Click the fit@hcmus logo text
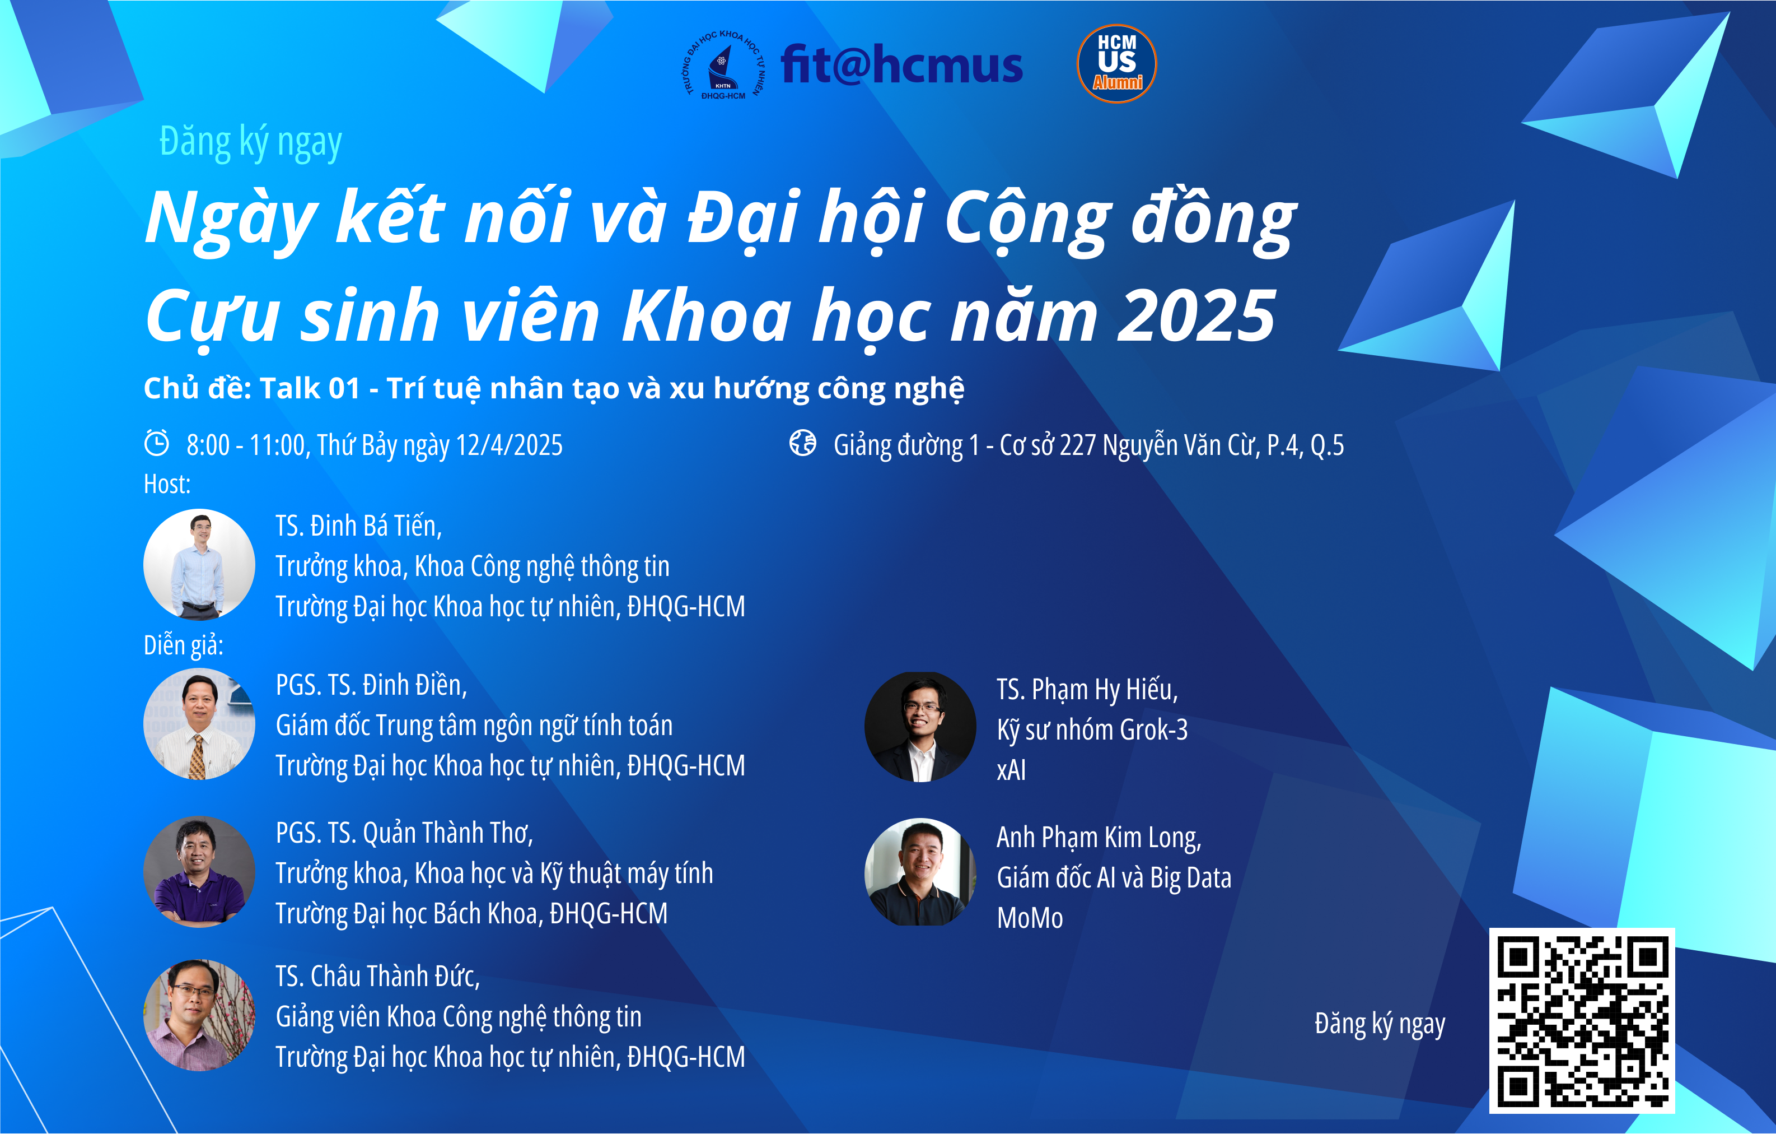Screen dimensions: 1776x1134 901,64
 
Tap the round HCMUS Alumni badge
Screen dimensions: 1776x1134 1116,63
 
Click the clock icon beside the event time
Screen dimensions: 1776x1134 156,443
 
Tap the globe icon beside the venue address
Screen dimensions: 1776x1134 802,443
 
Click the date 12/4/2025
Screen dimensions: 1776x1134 509,445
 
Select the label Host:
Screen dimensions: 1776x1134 167,484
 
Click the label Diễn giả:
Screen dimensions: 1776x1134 184,645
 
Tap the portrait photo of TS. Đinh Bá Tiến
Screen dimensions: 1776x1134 199,564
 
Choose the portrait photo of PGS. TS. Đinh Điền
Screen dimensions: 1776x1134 199,724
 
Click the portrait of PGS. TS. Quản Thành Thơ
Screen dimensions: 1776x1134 199,871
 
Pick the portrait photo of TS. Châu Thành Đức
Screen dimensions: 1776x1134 199,1015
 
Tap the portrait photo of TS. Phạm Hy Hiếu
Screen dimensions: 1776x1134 920,727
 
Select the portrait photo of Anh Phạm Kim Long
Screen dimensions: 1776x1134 920,872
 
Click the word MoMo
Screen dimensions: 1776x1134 1030,918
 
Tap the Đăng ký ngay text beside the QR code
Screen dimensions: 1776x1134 1379,1025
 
